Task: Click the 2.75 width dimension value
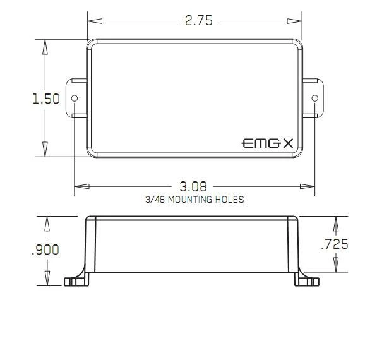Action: [199, 20]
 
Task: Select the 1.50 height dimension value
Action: [46, 99]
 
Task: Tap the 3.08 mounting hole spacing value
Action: [193, 186]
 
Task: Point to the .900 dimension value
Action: [45, 249]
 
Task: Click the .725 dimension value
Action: [335, 244]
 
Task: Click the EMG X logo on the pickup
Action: [267, 143]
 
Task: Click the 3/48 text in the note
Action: [155, 200]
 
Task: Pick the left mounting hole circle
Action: [75, 98]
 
